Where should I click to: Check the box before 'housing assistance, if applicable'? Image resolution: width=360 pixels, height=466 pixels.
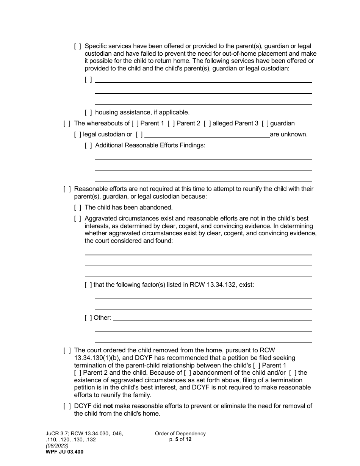pyautogui.click(x=88, y=112)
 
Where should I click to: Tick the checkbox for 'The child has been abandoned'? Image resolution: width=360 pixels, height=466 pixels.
pyautogui.click(x=78, y=207)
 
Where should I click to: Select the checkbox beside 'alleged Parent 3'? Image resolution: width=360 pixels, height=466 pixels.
pyautogui.click(x=207, y=123)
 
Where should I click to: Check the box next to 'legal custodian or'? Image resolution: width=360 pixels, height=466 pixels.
pyautogui.click(x=78, y=134)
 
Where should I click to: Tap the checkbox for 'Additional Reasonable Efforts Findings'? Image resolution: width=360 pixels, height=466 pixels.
pyautogui.click(x=88, y=145)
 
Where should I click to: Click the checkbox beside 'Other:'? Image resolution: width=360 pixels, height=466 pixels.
pyautogui.click(x=88, y=317)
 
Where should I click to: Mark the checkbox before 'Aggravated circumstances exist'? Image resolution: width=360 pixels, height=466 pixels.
pyautogui.click(x=78, y=218)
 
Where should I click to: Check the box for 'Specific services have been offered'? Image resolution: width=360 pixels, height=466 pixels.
pyautogui.click(x=78, y=46)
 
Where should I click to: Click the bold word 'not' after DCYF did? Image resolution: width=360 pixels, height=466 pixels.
pyautogui.click(x=108, y=406)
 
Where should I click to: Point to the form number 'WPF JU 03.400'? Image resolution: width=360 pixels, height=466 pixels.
pyautogui.click(x=63, y=452)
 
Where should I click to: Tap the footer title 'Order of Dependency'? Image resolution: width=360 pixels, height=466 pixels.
pyautogui.click(x=180, y=433)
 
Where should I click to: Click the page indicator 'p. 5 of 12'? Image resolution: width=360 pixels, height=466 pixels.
pyautogui.click(x=180, y=439)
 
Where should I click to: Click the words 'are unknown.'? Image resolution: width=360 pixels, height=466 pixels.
pyautogui.click(x=289, y=134)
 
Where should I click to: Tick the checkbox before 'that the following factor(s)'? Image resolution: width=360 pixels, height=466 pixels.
pyautogui.click(x=88, y=285)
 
